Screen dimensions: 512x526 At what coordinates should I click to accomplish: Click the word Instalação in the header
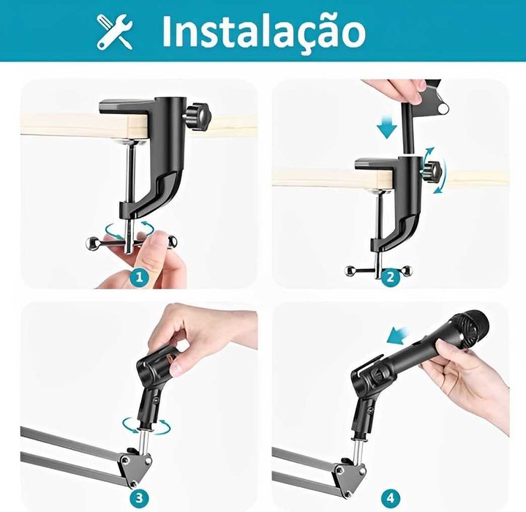[x=263, y=31]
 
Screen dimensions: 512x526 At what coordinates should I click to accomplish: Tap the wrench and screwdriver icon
[x=115, y=31]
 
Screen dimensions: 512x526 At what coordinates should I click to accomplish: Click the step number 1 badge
[x=141, y=278]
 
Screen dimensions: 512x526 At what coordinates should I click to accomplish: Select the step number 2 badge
[x=390, y=277]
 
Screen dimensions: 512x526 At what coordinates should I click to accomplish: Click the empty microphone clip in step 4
[x=369, y=388]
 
